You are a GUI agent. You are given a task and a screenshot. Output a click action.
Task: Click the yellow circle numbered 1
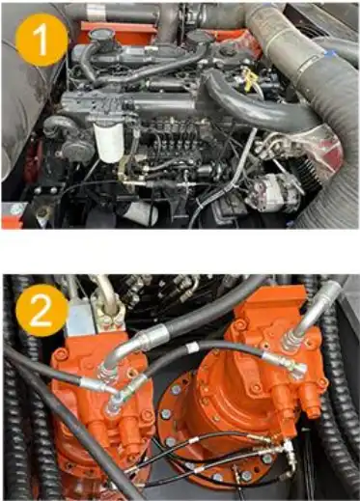pyautogui.click(x=42, y=40)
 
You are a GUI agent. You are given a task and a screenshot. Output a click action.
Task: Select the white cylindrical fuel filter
pyautogui.click(x=109, y=141)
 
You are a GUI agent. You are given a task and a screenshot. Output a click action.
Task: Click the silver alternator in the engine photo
pyautogui.click(x=273, y=192)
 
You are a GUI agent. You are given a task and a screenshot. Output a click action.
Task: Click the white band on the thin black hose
pyautogui.click(x=193, y=348)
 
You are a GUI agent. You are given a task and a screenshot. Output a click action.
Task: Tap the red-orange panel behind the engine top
pyautogui.click(x=118, y=31)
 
